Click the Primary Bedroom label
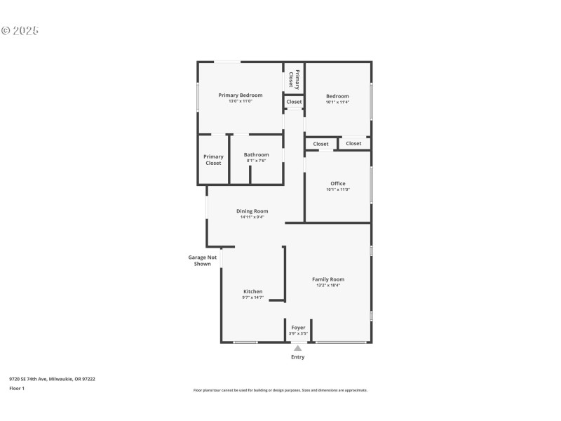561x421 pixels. point(240,95)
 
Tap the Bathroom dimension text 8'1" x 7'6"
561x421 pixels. point(256,161)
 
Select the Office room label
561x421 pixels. point(337,184)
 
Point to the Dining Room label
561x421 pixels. point(252,211)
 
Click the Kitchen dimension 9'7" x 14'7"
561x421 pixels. point(252,298)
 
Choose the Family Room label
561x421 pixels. point(327,279)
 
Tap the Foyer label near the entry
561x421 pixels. point(298,328)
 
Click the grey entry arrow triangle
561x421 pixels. point(298,348)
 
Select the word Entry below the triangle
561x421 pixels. point(298,357)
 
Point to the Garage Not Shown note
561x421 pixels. point(202,260)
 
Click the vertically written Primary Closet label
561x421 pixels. point(294,79)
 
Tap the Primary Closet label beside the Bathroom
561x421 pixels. point(213,160)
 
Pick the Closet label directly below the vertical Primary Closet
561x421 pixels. point(294,102)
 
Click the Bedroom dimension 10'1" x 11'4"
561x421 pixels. point(337,102)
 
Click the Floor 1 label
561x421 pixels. point(16,388)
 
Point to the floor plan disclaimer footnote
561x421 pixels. point(280,390)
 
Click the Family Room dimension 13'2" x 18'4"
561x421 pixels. point(327,286)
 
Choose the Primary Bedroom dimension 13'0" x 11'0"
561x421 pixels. point(240,102)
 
